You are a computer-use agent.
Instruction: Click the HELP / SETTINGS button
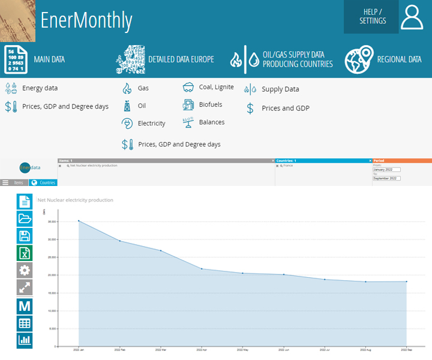(x=371, y=17)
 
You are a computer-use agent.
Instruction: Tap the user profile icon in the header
(x=412, y=17)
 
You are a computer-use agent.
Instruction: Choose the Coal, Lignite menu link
(x=216, y=88)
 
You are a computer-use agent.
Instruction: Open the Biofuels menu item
(x=210, y=104)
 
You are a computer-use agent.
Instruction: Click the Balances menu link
(x=211, y=122)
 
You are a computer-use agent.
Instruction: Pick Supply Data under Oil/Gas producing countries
(x=280, y=89)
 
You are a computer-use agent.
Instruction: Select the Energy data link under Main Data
(x=40, y=88)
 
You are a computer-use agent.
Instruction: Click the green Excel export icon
(x=25, y=253)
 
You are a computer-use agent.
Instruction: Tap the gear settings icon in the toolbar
(x=25, y=271)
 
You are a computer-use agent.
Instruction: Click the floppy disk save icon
(x=25, y=236)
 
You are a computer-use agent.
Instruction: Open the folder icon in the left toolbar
(x=25, y=218)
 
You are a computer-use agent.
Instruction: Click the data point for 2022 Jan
(x=79, y=221)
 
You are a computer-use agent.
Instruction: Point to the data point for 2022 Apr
(x=202, y=269)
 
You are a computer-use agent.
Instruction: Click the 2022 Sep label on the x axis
(x=406, y=350)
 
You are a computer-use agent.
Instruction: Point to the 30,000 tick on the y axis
(x=52, y=239)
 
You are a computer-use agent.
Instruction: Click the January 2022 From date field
(x=386, y=170)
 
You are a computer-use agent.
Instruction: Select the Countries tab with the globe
(x=43, y=182)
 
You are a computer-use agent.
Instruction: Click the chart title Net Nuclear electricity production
(x=75, y=200)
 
